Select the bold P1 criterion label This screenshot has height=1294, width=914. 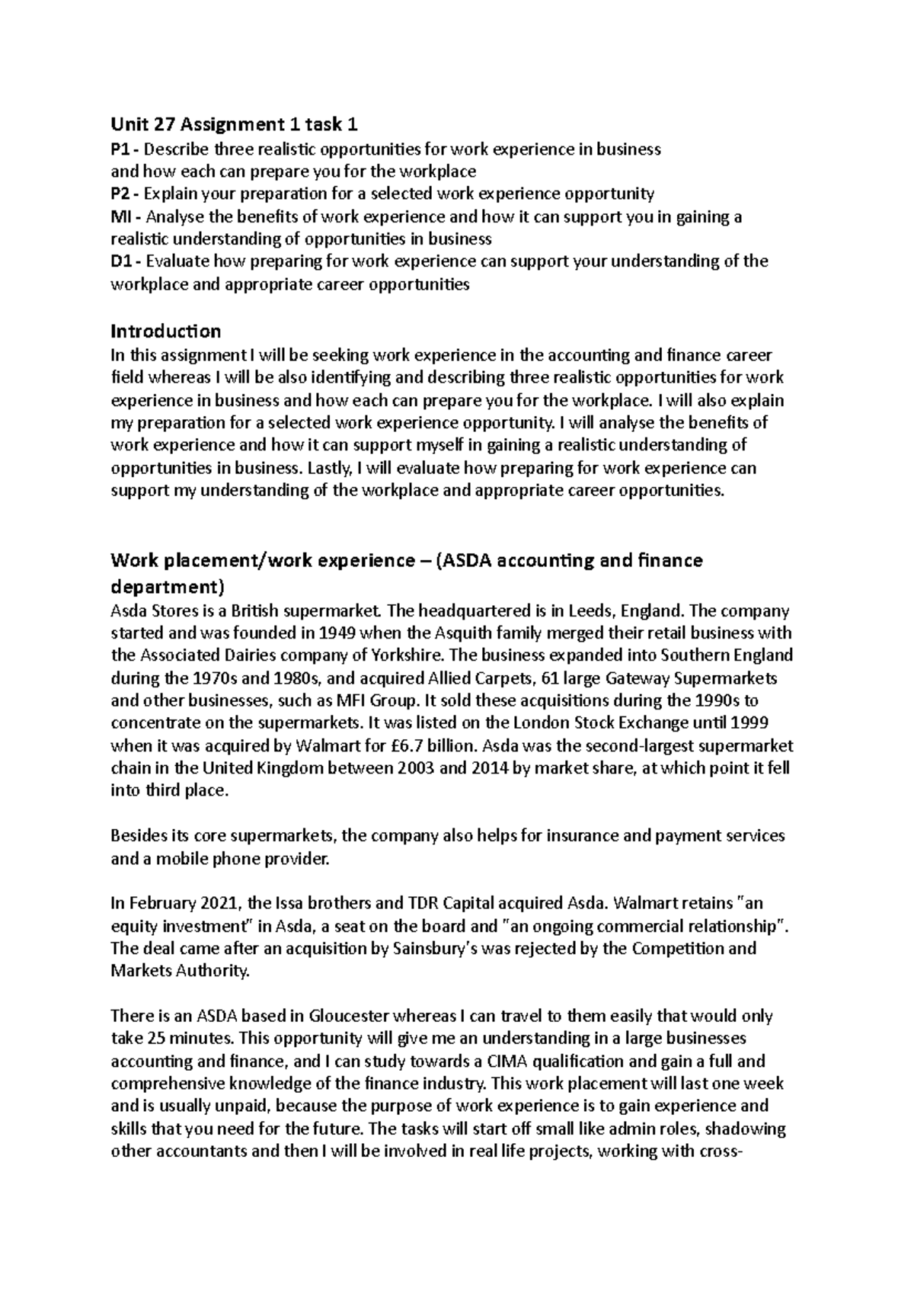pyautogui.click(x=123, y=149)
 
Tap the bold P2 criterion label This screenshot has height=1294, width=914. pyautogui.click(x=123, y=194)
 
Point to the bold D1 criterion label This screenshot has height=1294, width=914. pyautogui.click(x=123, y=261)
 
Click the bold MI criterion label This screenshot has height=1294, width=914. pyautogui.click(x=123, y=217)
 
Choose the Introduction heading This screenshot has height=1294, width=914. pyautogui.click(x=166, y=331)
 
